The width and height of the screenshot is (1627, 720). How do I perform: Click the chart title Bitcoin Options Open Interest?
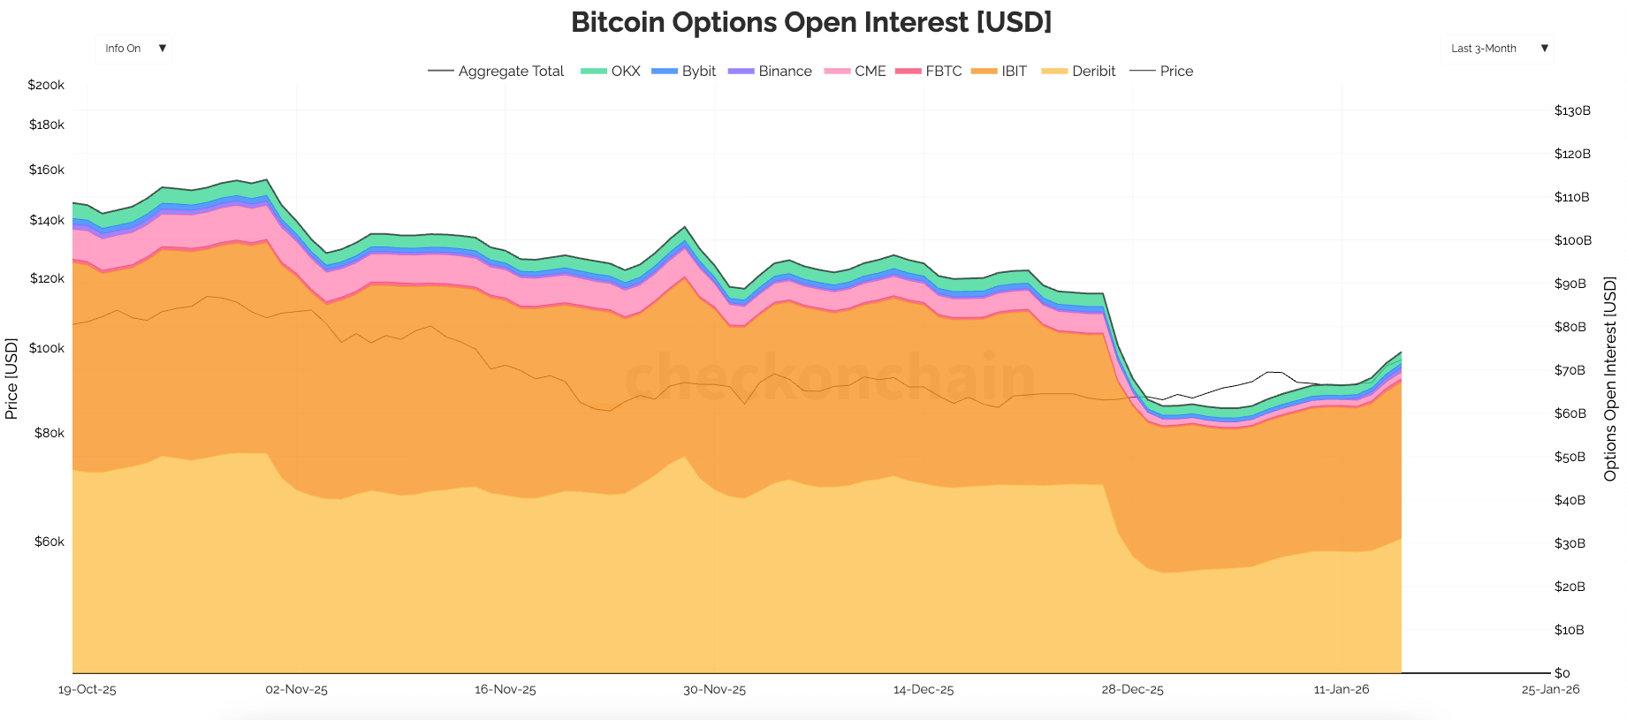(811, 22)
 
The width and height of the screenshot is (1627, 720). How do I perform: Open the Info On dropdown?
(133, 49)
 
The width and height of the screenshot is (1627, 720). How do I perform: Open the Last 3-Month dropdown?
(1497, 49)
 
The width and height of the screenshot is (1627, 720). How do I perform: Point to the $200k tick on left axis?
(46, 86)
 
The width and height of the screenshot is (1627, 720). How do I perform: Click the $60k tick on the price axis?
(49, 542)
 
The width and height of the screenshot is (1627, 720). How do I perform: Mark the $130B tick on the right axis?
(1572, 110)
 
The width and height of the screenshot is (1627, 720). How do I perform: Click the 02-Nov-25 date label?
(296, 690)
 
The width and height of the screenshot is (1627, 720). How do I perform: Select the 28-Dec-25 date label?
(1132, 690)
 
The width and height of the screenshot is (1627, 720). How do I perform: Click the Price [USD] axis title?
(11, 378)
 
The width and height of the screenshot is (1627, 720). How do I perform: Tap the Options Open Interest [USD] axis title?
(1609, 378)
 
